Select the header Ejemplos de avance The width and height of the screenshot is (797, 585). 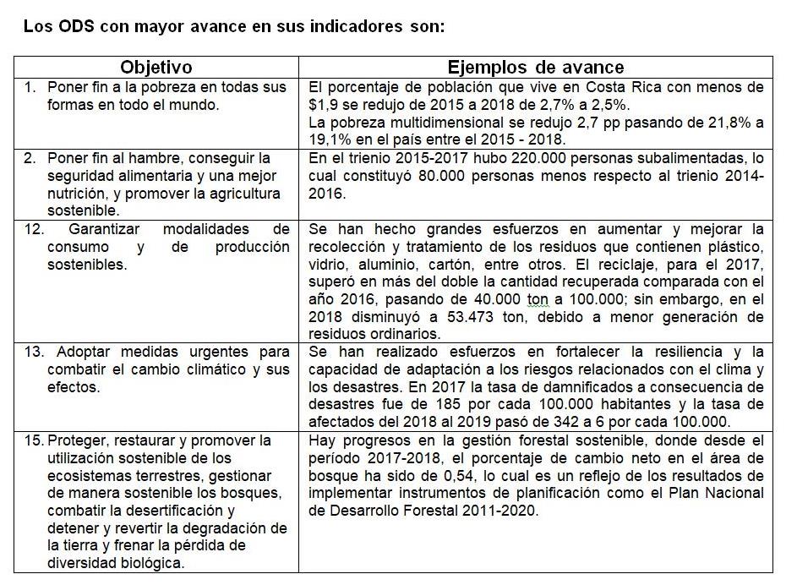tap(535, 68)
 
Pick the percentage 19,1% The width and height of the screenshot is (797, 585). tap(330, 140)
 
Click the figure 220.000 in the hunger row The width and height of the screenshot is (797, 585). tap(493, 159)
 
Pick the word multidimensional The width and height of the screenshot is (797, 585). tap(429, 123)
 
